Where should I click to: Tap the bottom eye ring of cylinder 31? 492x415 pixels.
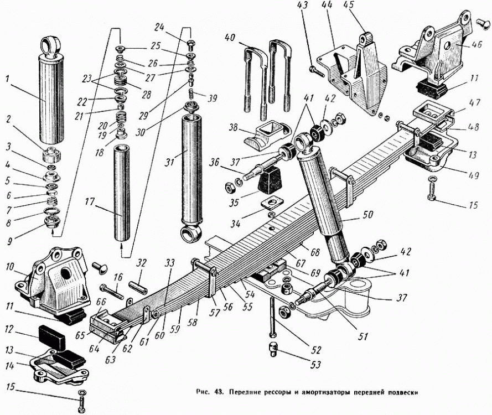click(191, 234)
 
